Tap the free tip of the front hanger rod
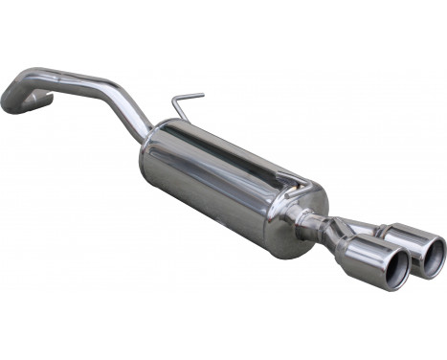201,94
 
